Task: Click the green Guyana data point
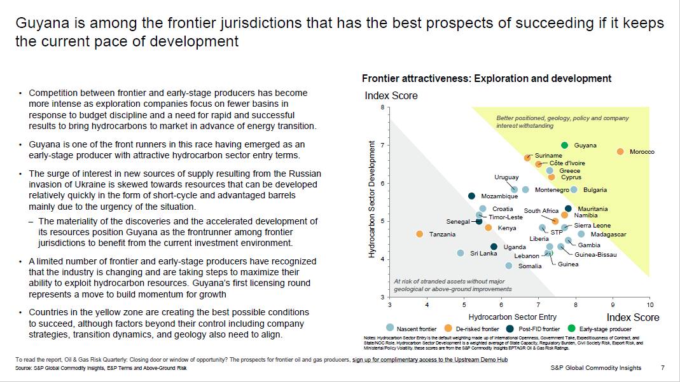564,146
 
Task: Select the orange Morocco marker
620,151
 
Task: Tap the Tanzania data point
419,234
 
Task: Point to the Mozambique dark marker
471,196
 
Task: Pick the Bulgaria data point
574,189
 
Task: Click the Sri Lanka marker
461,253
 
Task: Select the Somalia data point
509,266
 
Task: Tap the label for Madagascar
608,235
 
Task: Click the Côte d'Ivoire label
567,163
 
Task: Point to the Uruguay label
506,177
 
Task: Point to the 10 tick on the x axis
649,305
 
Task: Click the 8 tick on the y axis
382,107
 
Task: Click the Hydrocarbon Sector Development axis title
372,199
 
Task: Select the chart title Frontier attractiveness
487,79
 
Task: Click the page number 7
662,368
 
